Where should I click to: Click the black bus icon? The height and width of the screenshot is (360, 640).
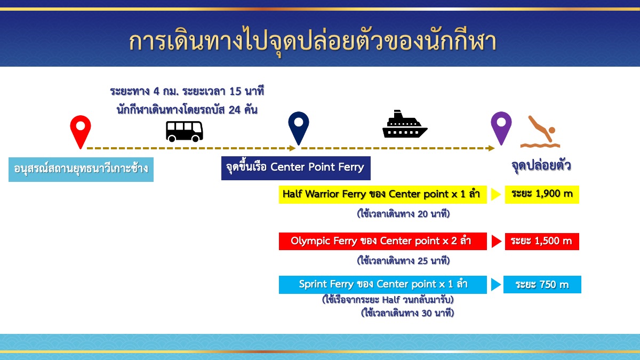[x=185, y=131]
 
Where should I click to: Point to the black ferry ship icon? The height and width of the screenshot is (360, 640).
[x=405, y=124]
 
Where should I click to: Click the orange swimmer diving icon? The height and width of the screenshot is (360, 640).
[x=540, y=132]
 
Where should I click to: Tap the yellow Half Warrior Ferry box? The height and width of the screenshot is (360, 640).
[x=382, y=194]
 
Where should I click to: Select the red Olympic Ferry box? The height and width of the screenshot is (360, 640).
[x=382, y=241]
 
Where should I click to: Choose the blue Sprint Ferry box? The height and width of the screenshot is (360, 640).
[x=382, y=285]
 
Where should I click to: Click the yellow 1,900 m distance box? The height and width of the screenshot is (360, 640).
[x=542, y=194]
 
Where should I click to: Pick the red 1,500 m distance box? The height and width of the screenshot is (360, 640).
[x=542, y=242]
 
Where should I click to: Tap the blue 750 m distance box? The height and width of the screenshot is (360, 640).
[x=542, y=285]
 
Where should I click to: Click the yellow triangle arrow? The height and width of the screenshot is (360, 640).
[x=495, y=194]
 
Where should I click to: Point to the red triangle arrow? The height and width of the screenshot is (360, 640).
[x=497, y=242]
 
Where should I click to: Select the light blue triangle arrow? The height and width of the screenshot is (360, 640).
[x=495, y=285]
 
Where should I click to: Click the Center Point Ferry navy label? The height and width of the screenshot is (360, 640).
[x=295, y=168]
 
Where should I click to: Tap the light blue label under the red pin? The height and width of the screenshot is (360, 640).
[x=81, y=170]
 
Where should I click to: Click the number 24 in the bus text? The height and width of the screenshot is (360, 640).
[x=235, y=110]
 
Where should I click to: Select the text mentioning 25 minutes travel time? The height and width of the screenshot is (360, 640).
[x=403, y=261]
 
